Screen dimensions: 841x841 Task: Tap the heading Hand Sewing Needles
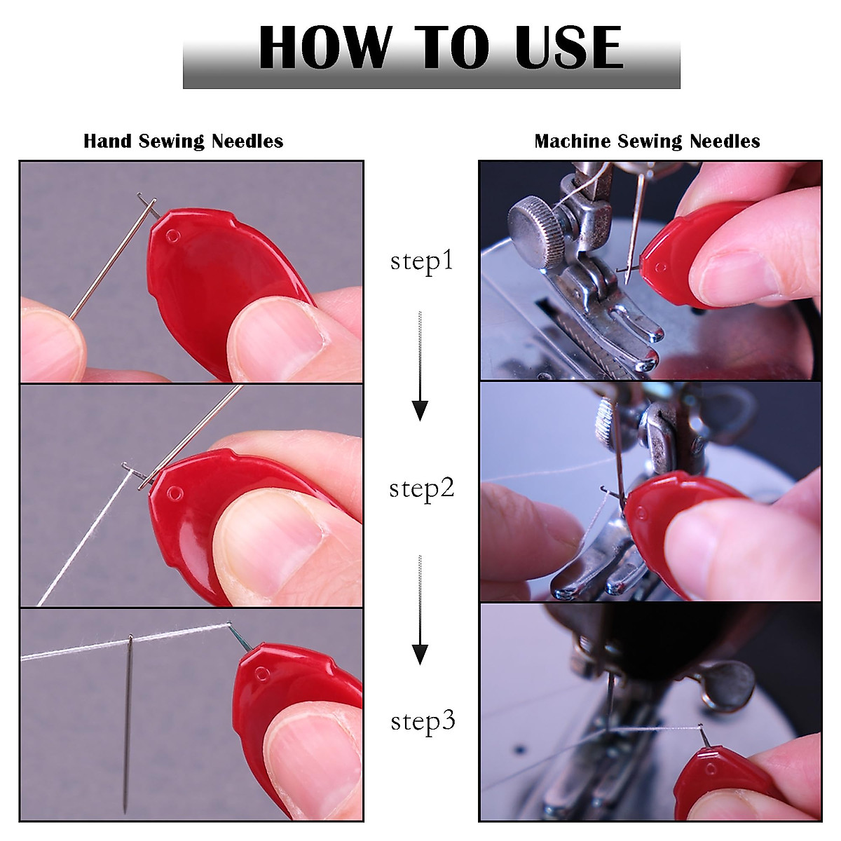pos(184,141)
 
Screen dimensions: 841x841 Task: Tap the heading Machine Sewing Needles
pos(647,141)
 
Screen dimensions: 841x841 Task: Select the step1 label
pos(422,261)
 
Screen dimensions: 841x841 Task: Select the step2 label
pos(422,488)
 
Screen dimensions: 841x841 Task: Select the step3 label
pos(423,720)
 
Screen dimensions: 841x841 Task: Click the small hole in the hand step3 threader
pos(261,674)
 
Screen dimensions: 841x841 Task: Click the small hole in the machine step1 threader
pos(659,266)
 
